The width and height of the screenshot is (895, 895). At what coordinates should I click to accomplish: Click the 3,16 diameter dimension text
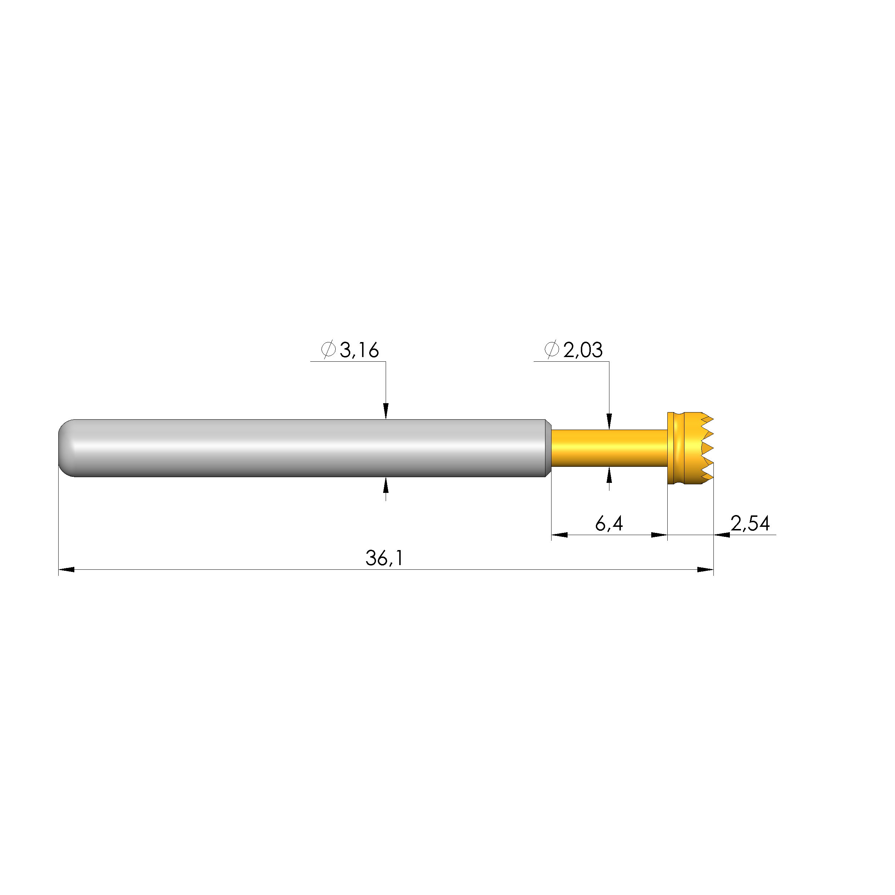tap(359, 350)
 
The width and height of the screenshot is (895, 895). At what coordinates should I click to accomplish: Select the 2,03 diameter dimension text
tap(583, 350)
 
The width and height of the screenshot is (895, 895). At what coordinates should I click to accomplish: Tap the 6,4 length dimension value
tap(609, 524)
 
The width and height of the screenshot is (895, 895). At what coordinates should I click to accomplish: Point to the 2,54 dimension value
tap(750, 524)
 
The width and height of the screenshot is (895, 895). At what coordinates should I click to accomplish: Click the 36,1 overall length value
tap(384, 558)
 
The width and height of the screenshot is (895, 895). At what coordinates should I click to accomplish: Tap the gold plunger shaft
tap(609, 447)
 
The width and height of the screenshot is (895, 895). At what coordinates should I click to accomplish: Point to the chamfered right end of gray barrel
tap(548, 447)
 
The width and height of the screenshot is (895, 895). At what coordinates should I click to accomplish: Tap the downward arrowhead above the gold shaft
tap(609, 421)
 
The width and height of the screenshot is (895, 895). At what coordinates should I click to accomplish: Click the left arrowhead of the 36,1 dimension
tap(66, 569)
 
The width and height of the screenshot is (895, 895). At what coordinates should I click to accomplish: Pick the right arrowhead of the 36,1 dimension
tap(706, 569)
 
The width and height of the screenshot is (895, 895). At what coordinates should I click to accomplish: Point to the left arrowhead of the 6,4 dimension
tap(559, 535)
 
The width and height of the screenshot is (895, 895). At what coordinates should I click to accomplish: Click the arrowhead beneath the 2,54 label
tap(722, 535)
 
